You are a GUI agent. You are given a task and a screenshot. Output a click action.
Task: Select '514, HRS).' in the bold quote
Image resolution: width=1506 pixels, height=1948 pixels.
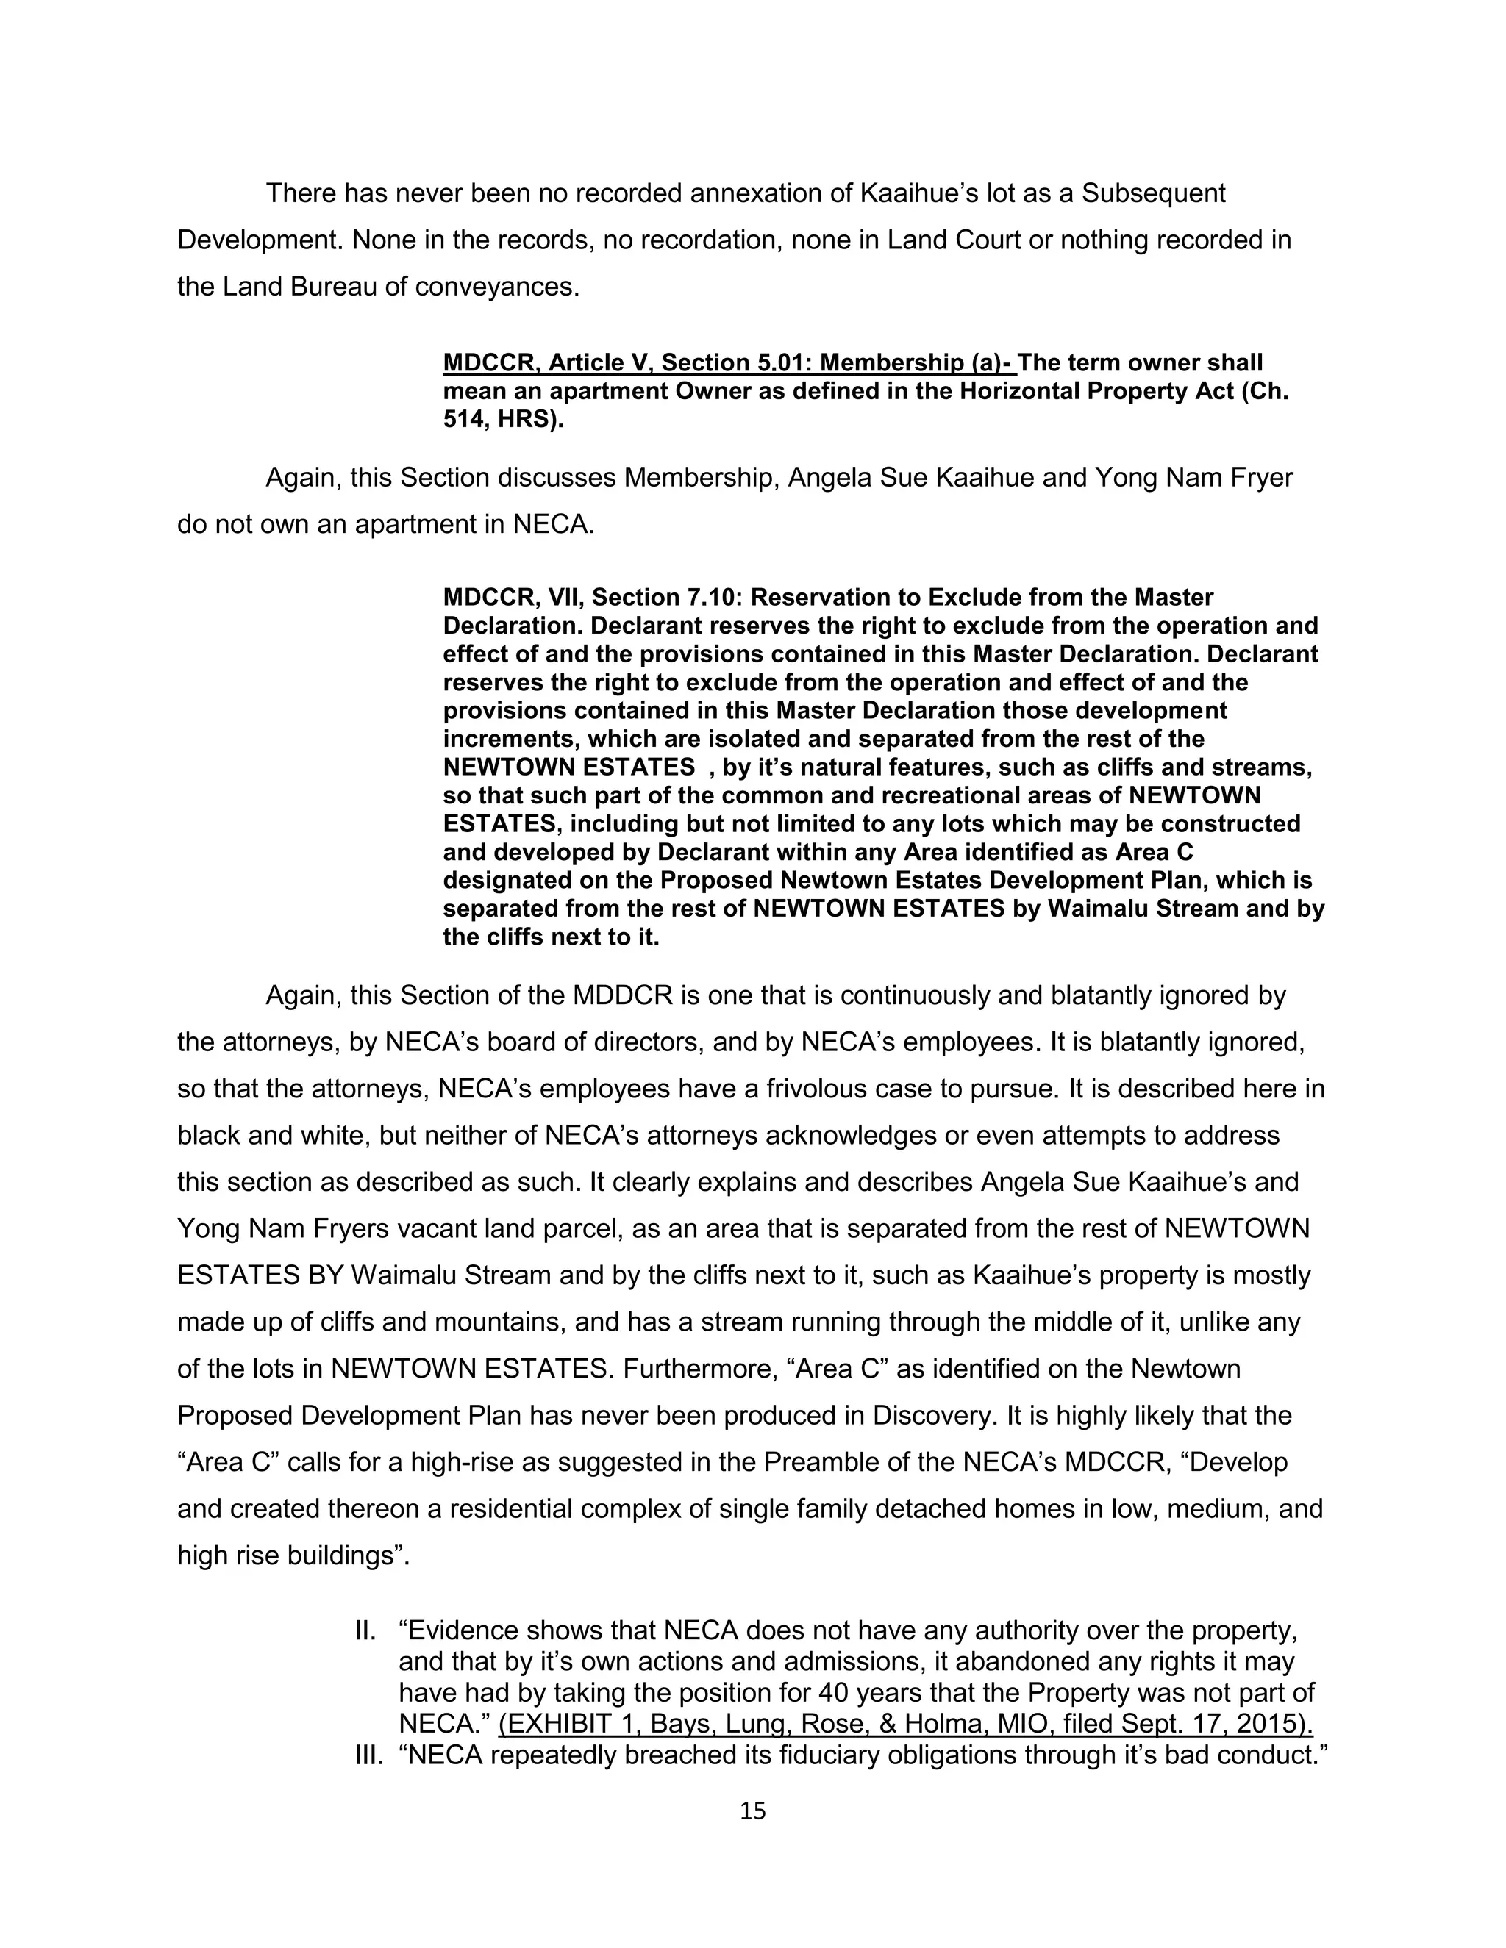click(503, 420)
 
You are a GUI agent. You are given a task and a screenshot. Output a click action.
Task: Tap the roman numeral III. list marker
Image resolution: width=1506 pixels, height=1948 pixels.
click(368, 1755)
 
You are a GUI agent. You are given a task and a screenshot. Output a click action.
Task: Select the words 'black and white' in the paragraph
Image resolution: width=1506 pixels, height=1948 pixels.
click(273, 1136)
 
